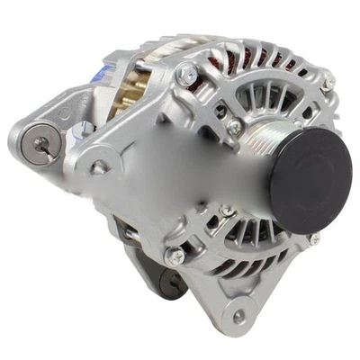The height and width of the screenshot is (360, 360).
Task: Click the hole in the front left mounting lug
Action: [98, 166]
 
